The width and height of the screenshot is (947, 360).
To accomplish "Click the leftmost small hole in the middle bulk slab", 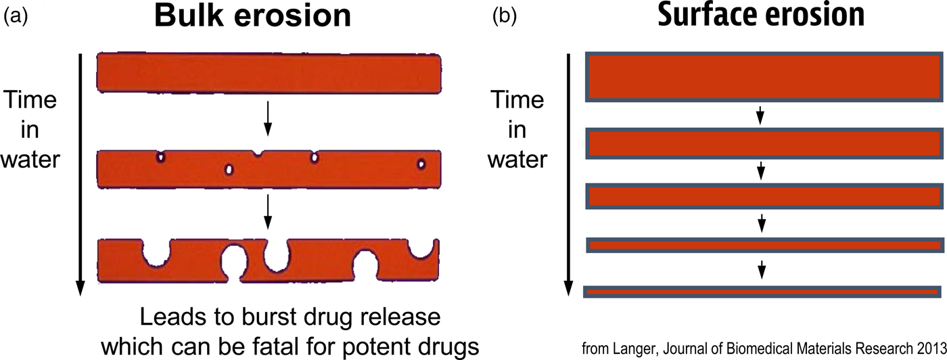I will pyautogui.click(x=161, y=157).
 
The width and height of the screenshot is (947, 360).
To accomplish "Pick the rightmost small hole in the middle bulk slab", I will pyautogui.click(x=421, y=164).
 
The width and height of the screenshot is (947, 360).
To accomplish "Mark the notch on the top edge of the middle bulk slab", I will pyautogui.click(x=257, y=154).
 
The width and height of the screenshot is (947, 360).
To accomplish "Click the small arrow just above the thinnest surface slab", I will pyautogui.click(x=762, y=269).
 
